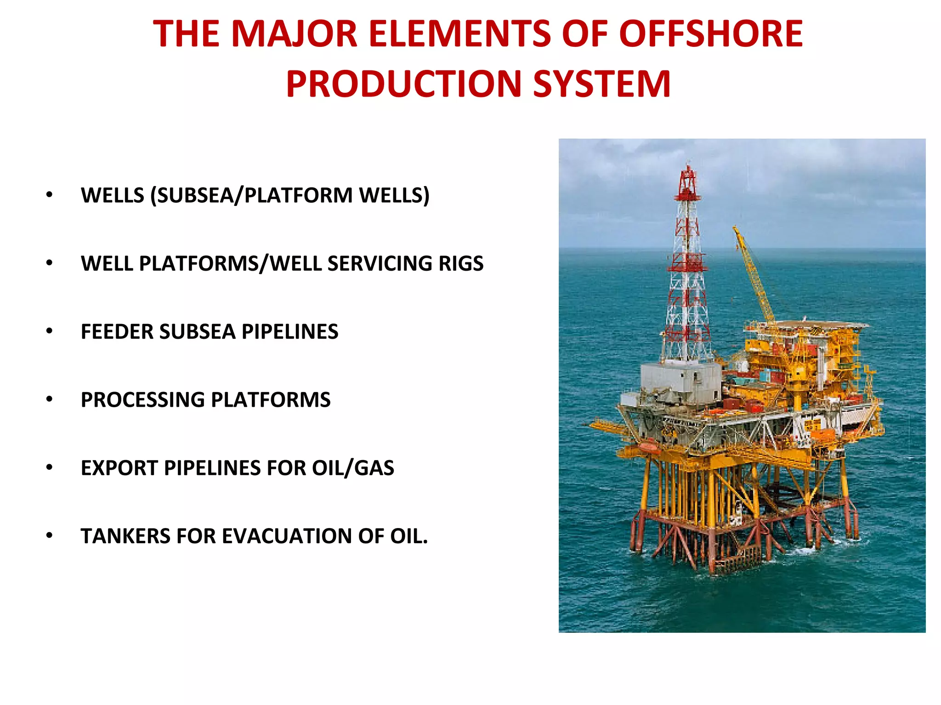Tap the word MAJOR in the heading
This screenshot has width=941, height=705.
point(294,34)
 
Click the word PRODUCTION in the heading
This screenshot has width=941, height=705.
point(403,84)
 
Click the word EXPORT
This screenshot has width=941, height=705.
point(119,468)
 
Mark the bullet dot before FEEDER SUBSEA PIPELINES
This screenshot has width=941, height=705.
point(49,331)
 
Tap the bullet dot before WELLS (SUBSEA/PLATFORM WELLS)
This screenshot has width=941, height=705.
point(49,194)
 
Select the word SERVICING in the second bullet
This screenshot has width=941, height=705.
point(380,263)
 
